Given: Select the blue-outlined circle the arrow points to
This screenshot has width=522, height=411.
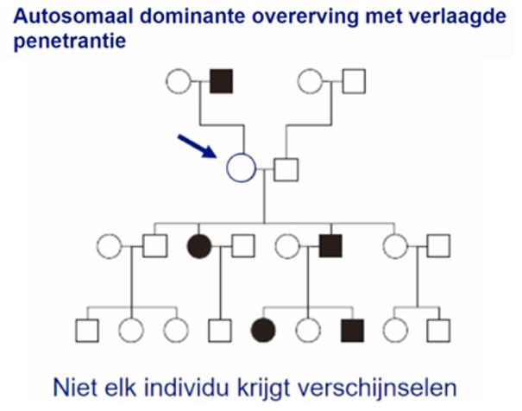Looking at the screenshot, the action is [241, 166].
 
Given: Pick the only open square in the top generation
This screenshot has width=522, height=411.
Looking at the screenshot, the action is [355, 82].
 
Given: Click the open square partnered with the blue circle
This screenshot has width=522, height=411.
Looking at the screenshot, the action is [286, 167].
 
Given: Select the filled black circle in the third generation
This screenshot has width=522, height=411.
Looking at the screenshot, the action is [199, 247].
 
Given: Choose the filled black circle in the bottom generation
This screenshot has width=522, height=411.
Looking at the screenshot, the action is [263, 330].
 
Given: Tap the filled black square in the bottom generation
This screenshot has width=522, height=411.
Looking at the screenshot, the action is [352, 330].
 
